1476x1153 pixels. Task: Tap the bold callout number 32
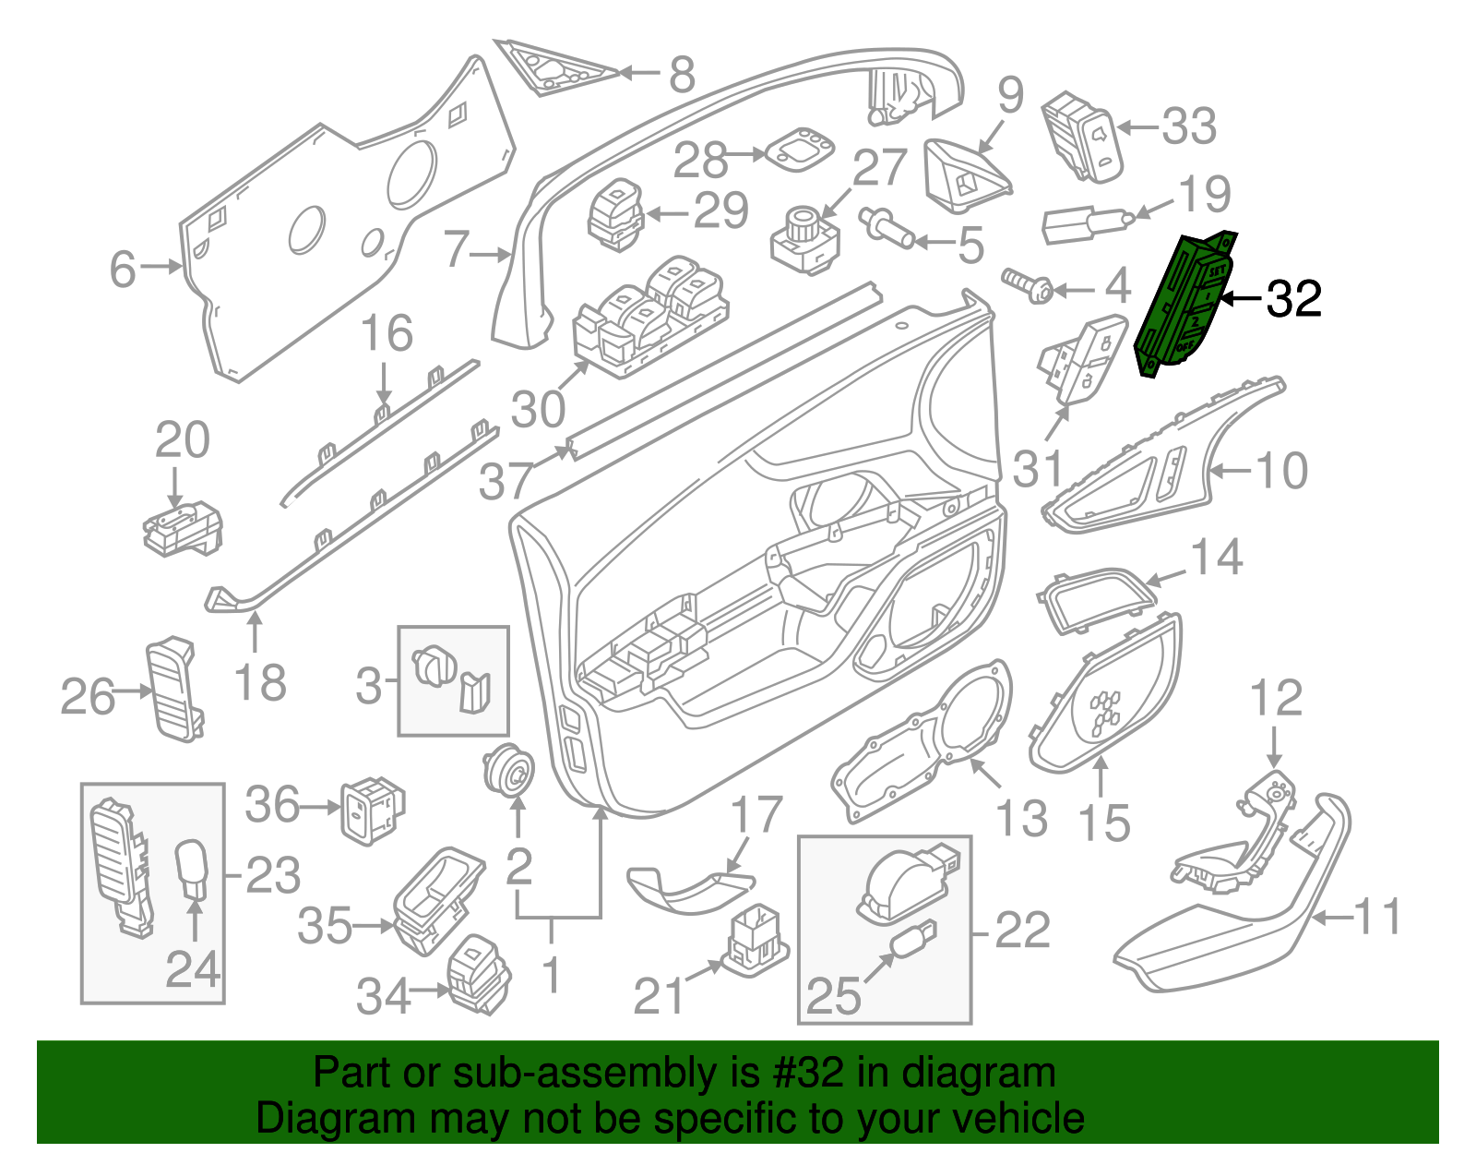tap(1293, 299)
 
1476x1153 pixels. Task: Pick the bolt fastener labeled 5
tap(886, 227)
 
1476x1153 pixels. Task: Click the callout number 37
tap(506, 480)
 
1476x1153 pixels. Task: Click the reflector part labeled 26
tap(173, 688)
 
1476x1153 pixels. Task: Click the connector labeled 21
tap(755, 939)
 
